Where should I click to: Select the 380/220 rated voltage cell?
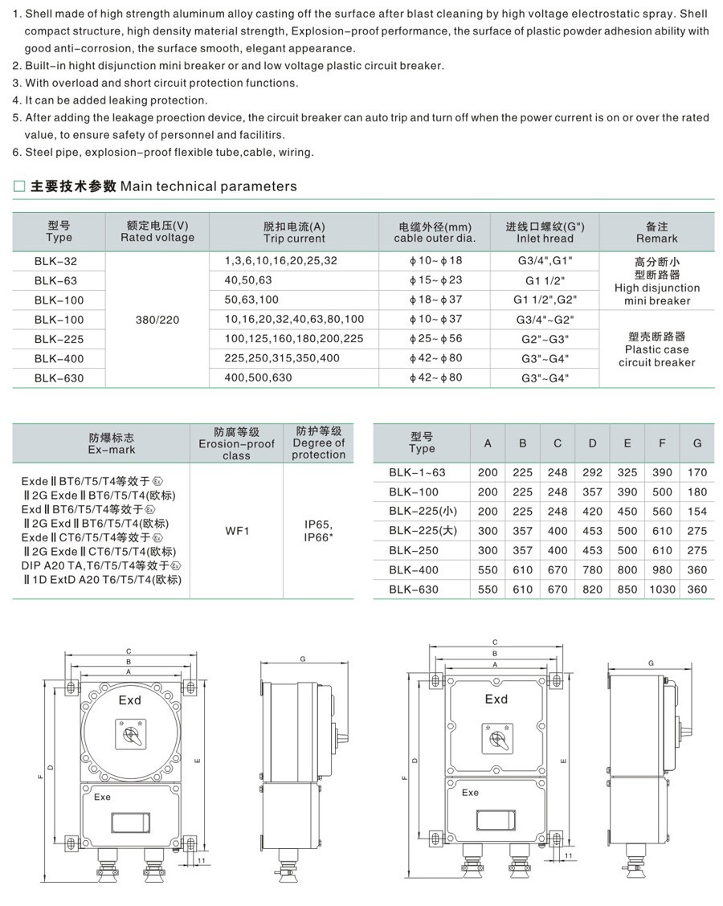click(157, 320)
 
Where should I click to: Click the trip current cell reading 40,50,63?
click(249, 280)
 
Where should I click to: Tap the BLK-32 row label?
click(59, 261)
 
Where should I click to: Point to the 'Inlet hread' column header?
click(545, 232)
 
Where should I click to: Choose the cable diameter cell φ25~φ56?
click(435, 339)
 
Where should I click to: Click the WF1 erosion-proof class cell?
click(236, 531)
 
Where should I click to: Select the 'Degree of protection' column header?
click(318, 443)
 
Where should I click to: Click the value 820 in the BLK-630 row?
click(593, 590)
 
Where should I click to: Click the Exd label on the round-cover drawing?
click(129, 700)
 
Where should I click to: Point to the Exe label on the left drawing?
click(102, 798)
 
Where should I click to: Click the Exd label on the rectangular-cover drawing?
click(496, 699)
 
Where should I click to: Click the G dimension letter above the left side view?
click(302, 659)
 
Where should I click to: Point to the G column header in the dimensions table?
click(696, 443)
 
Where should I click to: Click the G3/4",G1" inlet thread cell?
click(545, 261)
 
